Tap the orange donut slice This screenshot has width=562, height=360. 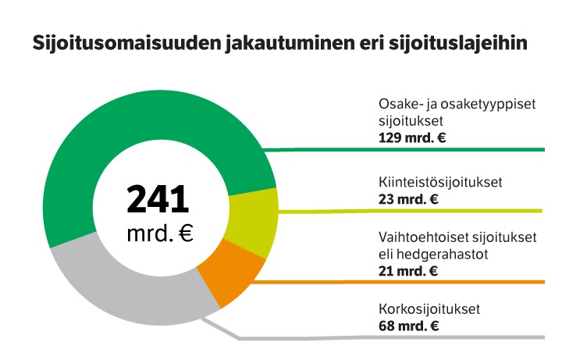[x=232, y=274]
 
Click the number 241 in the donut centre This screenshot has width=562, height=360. [x=158, y=199]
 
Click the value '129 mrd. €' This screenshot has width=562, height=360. [x=411, y=139]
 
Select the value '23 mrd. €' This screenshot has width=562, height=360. [x=407, y=198]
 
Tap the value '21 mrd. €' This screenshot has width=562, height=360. [x=407, y=271]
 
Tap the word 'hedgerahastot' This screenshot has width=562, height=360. [x=438, y=255]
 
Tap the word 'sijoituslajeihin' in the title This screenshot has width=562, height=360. [x=461, y=44]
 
